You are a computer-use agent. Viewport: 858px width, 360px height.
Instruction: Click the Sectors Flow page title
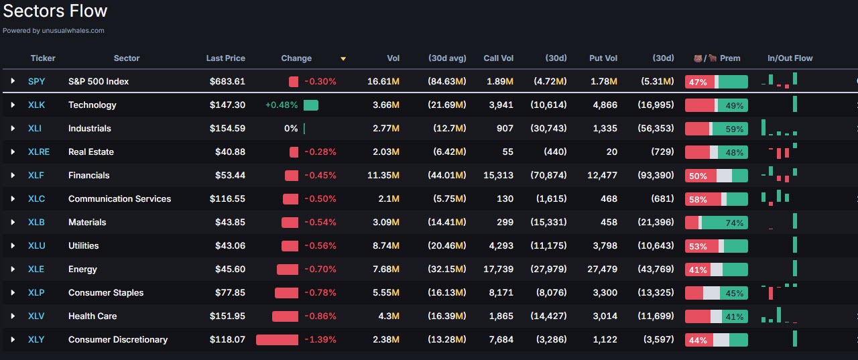[x=55, y=11]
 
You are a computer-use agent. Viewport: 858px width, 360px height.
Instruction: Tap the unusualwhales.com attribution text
[x=54, y=30]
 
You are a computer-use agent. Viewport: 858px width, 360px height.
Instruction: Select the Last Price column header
[x=225, y=58]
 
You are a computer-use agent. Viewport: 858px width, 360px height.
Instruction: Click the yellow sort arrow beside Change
[x=343, y=59]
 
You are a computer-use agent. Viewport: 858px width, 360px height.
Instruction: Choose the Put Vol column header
[x=603, y=58]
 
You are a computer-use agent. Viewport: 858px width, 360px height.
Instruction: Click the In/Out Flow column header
[x=790, y=58]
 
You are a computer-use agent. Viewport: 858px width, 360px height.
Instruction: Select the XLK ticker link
[x=36, y=105]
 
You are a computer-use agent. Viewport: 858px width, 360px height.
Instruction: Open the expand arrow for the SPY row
[x=13, y=81]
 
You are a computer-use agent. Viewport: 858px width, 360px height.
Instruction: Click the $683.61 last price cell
[x=227, y=81]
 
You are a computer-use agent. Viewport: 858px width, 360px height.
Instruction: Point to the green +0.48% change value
[x=281, y=105]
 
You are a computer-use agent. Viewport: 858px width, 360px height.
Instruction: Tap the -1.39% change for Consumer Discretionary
[x=320, y=339]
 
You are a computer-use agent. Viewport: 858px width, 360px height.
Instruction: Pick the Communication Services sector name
[x=119, y=198]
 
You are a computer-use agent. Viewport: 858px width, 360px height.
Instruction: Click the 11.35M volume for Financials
[x=383, y=175]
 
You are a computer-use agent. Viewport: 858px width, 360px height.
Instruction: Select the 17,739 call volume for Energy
[x=497, y=269]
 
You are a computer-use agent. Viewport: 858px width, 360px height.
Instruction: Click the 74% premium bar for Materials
[x=716, y=223]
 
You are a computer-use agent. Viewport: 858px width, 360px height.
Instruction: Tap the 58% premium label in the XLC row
[x=698, y=199]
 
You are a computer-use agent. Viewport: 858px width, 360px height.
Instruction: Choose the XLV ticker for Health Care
[x=36, y=316]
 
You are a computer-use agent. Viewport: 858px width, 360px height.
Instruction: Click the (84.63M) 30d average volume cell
[x=447, y=81]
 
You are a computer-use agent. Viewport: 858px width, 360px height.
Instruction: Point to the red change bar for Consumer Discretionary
[x=277, y=339]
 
